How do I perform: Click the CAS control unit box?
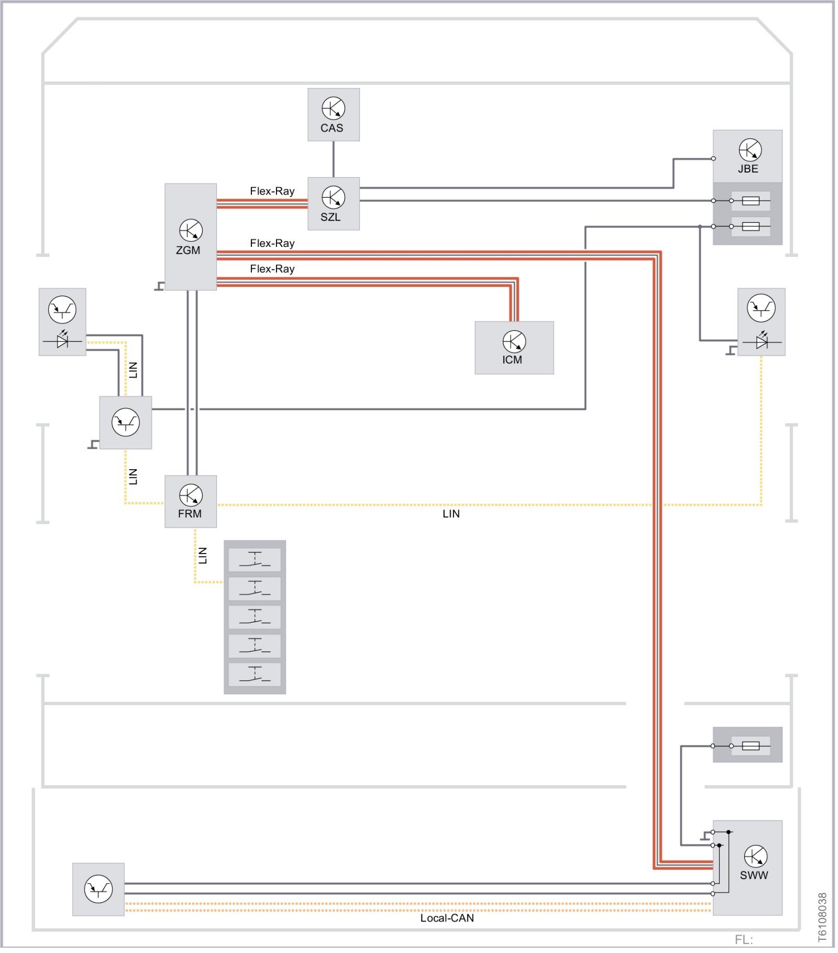(x=333, y=114)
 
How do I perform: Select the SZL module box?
(x=333, y=203)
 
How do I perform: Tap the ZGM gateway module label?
(x=188, y=251)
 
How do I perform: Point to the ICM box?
(x=514, y=348)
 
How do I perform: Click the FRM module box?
(x=190, y=501)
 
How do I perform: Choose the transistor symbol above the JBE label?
(x=750, y=150)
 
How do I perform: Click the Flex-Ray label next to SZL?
(x=272, y=191)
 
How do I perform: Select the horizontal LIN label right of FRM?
(x=451, y=514)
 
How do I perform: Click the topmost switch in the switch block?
(x=255, y=559)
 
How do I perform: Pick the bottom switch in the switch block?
(x=255, y=674)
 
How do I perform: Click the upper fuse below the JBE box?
(x=751, y=201)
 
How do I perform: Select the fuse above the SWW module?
(x=751, y=745)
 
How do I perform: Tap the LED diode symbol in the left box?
(x=62, y=341)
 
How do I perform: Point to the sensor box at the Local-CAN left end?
(x=98, y=889)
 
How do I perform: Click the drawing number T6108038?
(x=822, y=917)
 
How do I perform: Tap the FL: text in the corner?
(x=743, y=940)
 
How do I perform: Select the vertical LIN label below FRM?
(x=203, y=556)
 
